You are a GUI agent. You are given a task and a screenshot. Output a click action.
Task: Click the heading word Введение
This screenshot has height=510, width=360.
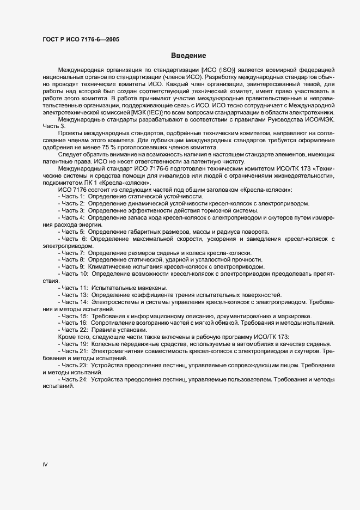click(188, 55)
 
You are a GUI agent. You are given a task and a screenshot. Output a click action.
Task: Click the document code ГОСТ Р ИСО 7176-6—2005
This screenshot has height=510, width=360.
click(81, 39)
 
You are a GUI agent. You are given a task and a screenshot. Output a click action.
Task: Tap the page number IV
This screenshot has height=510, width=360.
click(46, 464)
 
